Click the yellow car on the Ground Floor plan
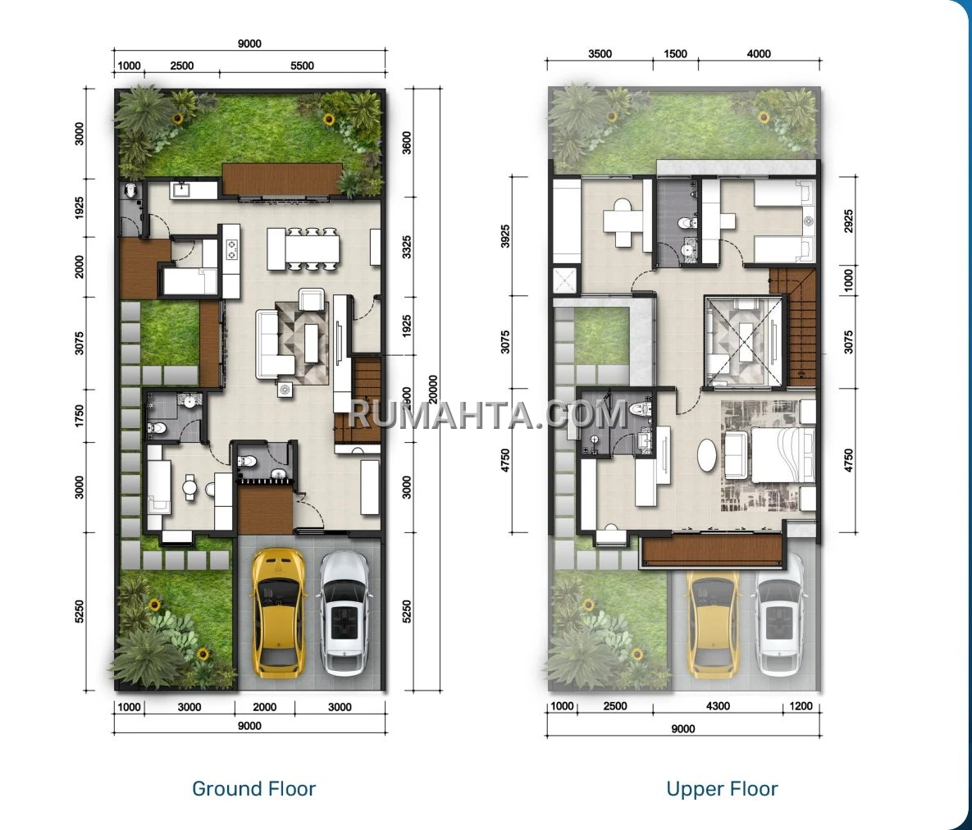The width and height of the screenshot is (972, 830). coord(278,613)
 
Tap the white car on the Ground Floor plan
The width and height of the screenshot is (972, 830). coord(345,613)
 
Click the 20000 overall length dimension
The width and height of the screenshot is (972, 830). coord(433,390)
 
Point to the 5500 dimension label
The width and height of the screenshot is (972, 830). coord(302,66)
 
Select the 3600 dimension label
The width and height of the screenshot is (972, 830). coord(407,143)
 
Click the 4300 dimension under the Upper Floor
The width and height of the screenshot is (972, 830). coord(718,705)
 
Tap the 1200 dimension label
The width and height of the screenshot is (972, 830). coord(800,705)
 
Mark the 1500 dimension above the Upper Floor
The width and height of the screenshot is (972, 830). coord(675,53)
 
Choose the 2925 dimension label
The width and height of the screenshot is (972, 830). coord(848,221)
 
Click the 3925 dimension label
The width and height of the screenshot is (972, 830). coord(505,235)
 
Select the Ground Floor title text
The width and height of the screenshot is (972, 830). coord(253,788)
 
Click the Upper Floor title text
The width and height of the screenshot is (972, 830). coord(722,788)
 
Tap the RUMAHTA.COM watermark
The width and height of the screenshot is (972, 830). coord(488,414)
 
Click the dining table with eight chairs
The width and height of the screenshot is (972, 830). coord(303,249)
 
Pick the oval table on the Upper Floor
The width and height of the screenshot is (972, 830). coord(707,456)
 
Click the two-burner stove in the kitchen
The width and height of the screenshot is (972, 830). coord(232,248)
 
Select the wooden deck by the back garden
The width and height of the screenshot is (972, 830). coord(283,180)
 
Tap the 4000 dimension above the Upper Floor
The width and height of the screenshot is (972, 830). coord(759,53)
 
